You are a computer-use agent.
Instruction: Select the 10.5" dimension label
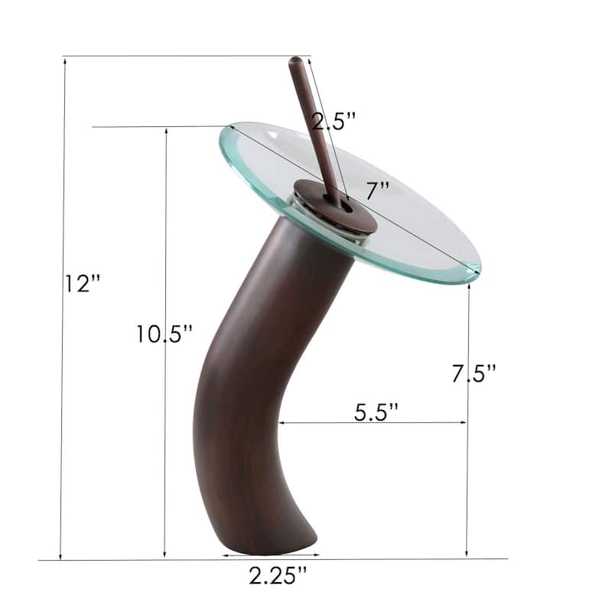(164, 334)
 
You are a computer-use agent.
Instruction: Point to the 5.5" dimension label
(376, 411)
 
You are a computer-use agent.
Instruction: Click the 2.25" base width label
(277, 575)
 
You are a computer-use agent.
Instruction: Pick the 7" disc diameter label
(377, 189)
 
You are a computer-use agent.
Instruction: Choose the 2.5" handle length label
(334, 120)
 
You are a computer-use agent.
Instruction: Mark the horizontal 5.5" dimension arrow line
(373, 422)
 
